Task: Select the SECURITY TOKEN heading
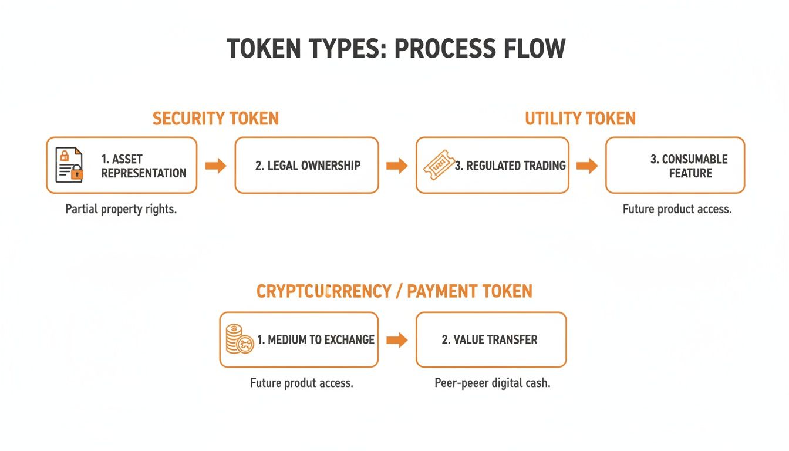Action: (x=215, y=119)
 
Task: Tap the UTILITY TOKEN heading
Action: (x=580, y=119)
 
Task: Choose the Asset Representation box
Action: (x=122, y=166)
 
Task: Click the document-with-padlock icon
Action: (x=69, y=165)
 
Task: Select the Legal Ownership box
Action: (x=307, y=166)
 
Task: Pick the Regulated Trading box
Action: (x=493, y=166)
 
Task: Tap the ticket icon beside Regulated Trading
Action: (x=438, y=166)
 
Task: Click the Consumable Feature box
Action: (x=675, y=166)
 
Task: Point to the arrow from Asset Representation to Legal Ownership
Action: (x=215, y=166)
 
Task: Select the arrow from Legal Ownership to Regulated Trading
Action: (x=397, y=166)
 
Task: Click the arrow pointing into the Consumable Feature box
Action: (x=587, y=166)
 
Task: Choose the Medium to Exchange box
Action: (x=299, y=340)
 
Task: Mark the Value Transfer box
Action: (x=491, y=340)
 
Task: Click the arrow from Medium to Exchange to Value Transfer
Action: (x=397, y=340)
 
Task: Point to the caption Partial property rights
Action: (x=121, y=209)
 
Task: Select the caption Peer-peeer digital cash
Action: (x=492, y=383)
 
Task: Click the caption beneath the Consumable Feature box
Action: (x=677, y=209)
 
